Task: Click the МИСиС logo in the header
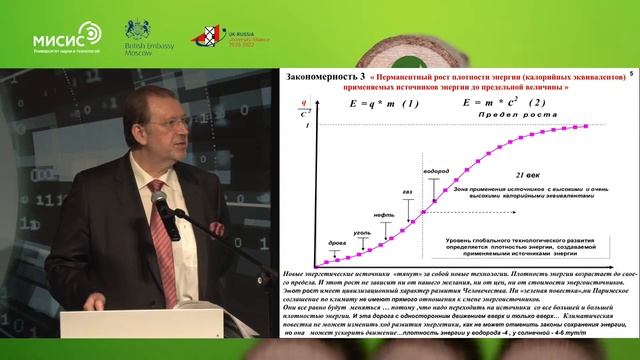[x=64, y=37]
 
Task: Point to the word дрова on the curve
[x=338, y=243]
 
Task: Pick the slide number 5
[x=631, y=75]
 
